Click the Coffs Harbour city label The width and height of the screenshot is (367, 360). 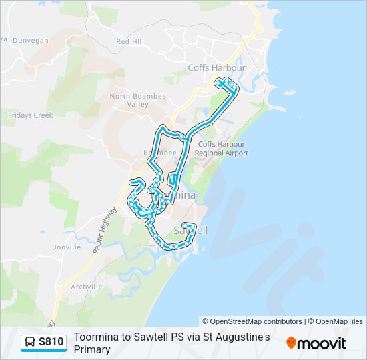coord(216,68)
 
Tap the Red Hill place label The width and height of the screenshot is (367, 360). coord(130,41)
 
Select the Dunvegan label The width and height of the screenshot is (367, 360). coord(31,41)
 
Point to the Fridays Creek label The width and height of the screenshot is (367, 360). coord(31,115)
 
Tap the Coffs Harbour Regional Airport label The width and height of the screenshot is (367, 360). coord(221,149)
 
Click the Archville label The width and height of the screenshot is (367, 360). coord(86,287)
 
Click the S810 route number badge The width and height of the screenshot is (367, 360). coord(51,342)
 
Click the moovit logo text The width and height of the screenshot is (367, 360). coord(322,343)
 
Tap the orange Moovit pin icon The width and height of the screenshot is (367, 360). coord(291,343)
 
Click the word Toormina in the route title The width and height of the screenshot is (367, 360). coord(97,337)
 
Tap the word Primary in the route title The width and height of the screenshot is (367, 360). coord(92,349)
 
